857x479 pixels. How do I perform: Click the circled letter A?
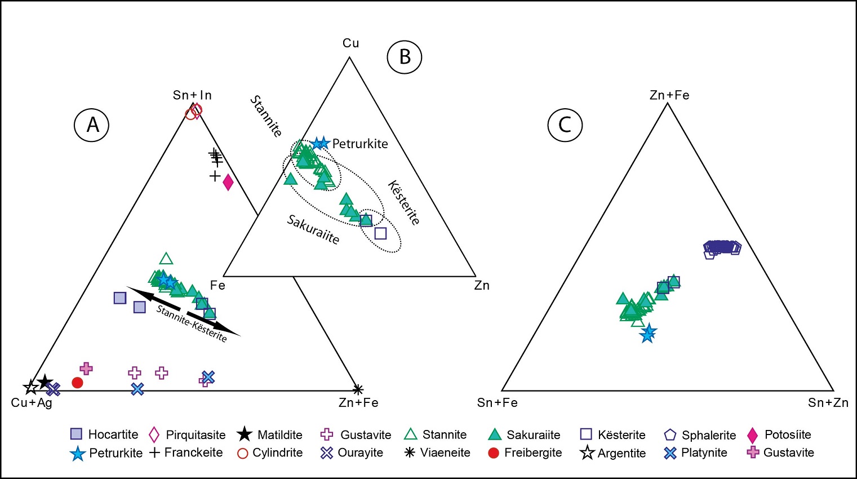click(x=92, y=125)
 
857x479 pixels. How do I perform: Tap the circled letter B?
click(x=405, y=57)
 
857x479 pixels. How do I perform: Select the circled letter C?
click(x=565, y=125)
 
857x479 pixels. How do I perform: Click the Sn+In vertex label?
click(x=192, y=95)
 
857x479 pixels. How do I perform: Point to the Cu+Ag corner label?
click(x=32, y=403)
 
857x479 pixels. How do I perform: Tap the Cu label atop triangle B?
click(x=350, y=43)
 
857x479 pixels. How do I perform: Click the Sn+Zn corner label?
click(x=828, y=403)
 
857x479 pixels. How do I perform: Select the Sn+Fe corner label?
click(x=497, y=403)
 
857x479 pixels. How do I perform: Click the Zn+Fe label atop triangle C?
click(x=669, y=95)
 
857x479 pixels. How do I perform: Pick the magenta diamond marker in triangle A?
click(x=228, y=182)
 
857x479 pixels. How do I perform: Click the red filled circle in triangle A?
click(x=78, y=383)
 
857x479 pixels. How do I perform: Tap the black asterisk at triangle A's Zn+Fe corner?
click(x=358, y=389)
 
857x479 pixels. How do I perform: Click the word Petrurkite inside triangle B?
click(x=360, y=144)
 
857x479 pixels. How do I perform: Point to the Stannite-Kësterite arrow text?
click(x=192, y=323)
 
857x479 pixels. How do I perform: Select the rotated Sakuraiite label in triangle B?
click(x=313, y=229)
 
